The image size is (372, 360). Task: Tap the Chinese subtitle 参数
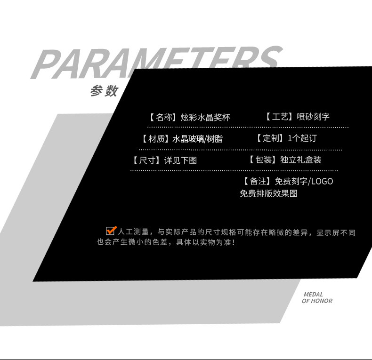[104, 91]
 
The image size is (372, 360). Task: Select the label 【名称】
[162, 117]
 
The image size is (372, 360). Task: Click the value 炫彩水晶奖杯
[205, 117]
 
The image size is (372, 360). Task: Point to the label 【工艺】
[278, 117]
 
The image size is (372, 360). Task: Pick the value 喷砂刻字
[313, 117]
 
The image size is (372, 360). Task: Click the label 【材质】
[155, 139]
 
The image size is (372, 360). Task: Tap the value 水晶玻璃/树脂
[197, 139]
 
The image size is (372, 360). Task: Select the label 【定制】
[270, 138]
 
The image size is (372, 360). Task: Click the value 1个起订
[302, 138]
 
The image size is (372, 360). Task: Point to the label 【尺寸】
[146, 160]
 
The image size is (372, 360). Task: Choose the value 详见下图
[180, 160]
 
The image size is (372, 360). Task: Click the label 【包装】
[262, 160]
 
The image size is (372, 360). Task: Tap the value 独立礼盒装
[300, 160]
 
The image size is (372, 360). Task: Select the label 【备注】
[257, 181]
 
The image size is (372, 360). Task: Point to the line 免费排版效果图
[268, 193]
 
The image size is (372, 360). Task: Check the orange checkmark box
[111, 230]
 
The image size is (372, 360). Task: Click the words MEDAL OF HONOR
[317, 298]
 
